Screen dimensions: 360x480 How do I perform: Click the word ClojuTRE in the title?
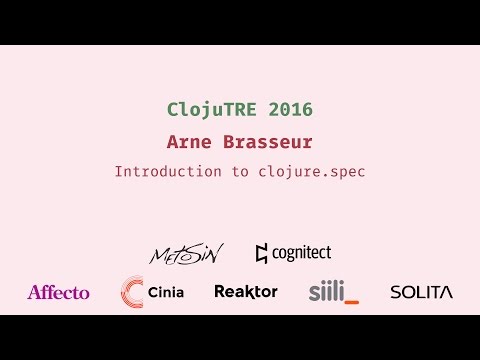pos(206,108)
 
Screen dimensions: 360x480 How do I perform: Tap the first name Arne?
pos(191,142)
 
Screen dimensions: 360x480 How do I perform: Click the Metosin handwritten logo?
pos(186,254)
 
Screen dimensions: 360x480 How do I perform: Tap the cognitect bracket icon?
pos(262,254)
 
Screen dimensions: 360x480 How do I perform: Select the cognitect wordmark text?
pos(301,254)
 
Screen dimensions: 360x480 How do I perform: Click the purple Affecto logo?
pos(58,292)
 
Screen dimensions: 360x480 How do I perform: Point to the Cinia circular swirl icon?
pos(131,292)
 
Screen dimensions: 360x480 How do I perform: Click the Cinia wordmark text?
pos(167,292)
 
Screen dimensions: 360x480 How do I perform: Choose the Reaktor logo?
pos(245,292)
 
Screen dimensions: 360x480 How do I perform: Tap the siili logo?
pos(332,292)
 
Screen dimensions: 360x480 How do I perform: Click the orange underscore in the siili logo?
pos(351,300)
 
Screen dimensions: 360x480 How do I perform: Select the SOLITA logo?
pos(421,292)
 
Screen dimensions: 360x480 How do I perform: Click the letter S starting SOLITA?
pos(395,292)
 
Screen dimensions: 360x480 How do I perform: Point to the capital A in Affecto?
pos(34,292)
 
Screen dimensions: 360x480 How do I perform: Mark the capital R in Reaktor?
pos(220,292)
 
